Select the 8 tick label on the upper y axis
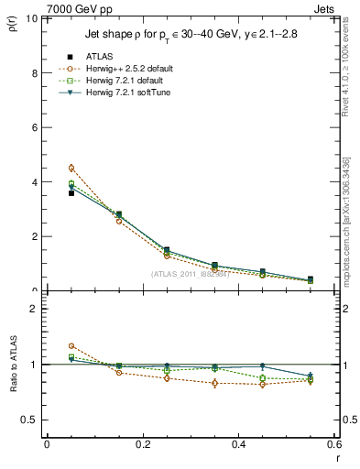point(34,73)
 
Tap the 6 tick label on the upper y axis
point(34,127)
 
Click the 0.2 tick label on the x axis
point(143,444)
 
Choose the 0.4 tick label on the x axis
point(239,444)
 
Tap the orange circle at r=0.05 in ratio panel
point(71,346)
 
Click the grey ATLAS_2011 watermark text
point(190,275)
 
